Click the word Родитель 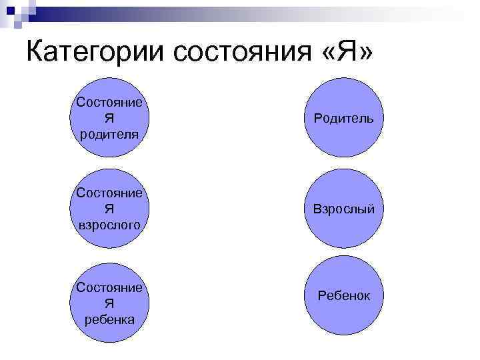(343, 119)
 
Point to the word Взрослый (343, 209)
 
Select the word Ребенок (344, 295)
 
